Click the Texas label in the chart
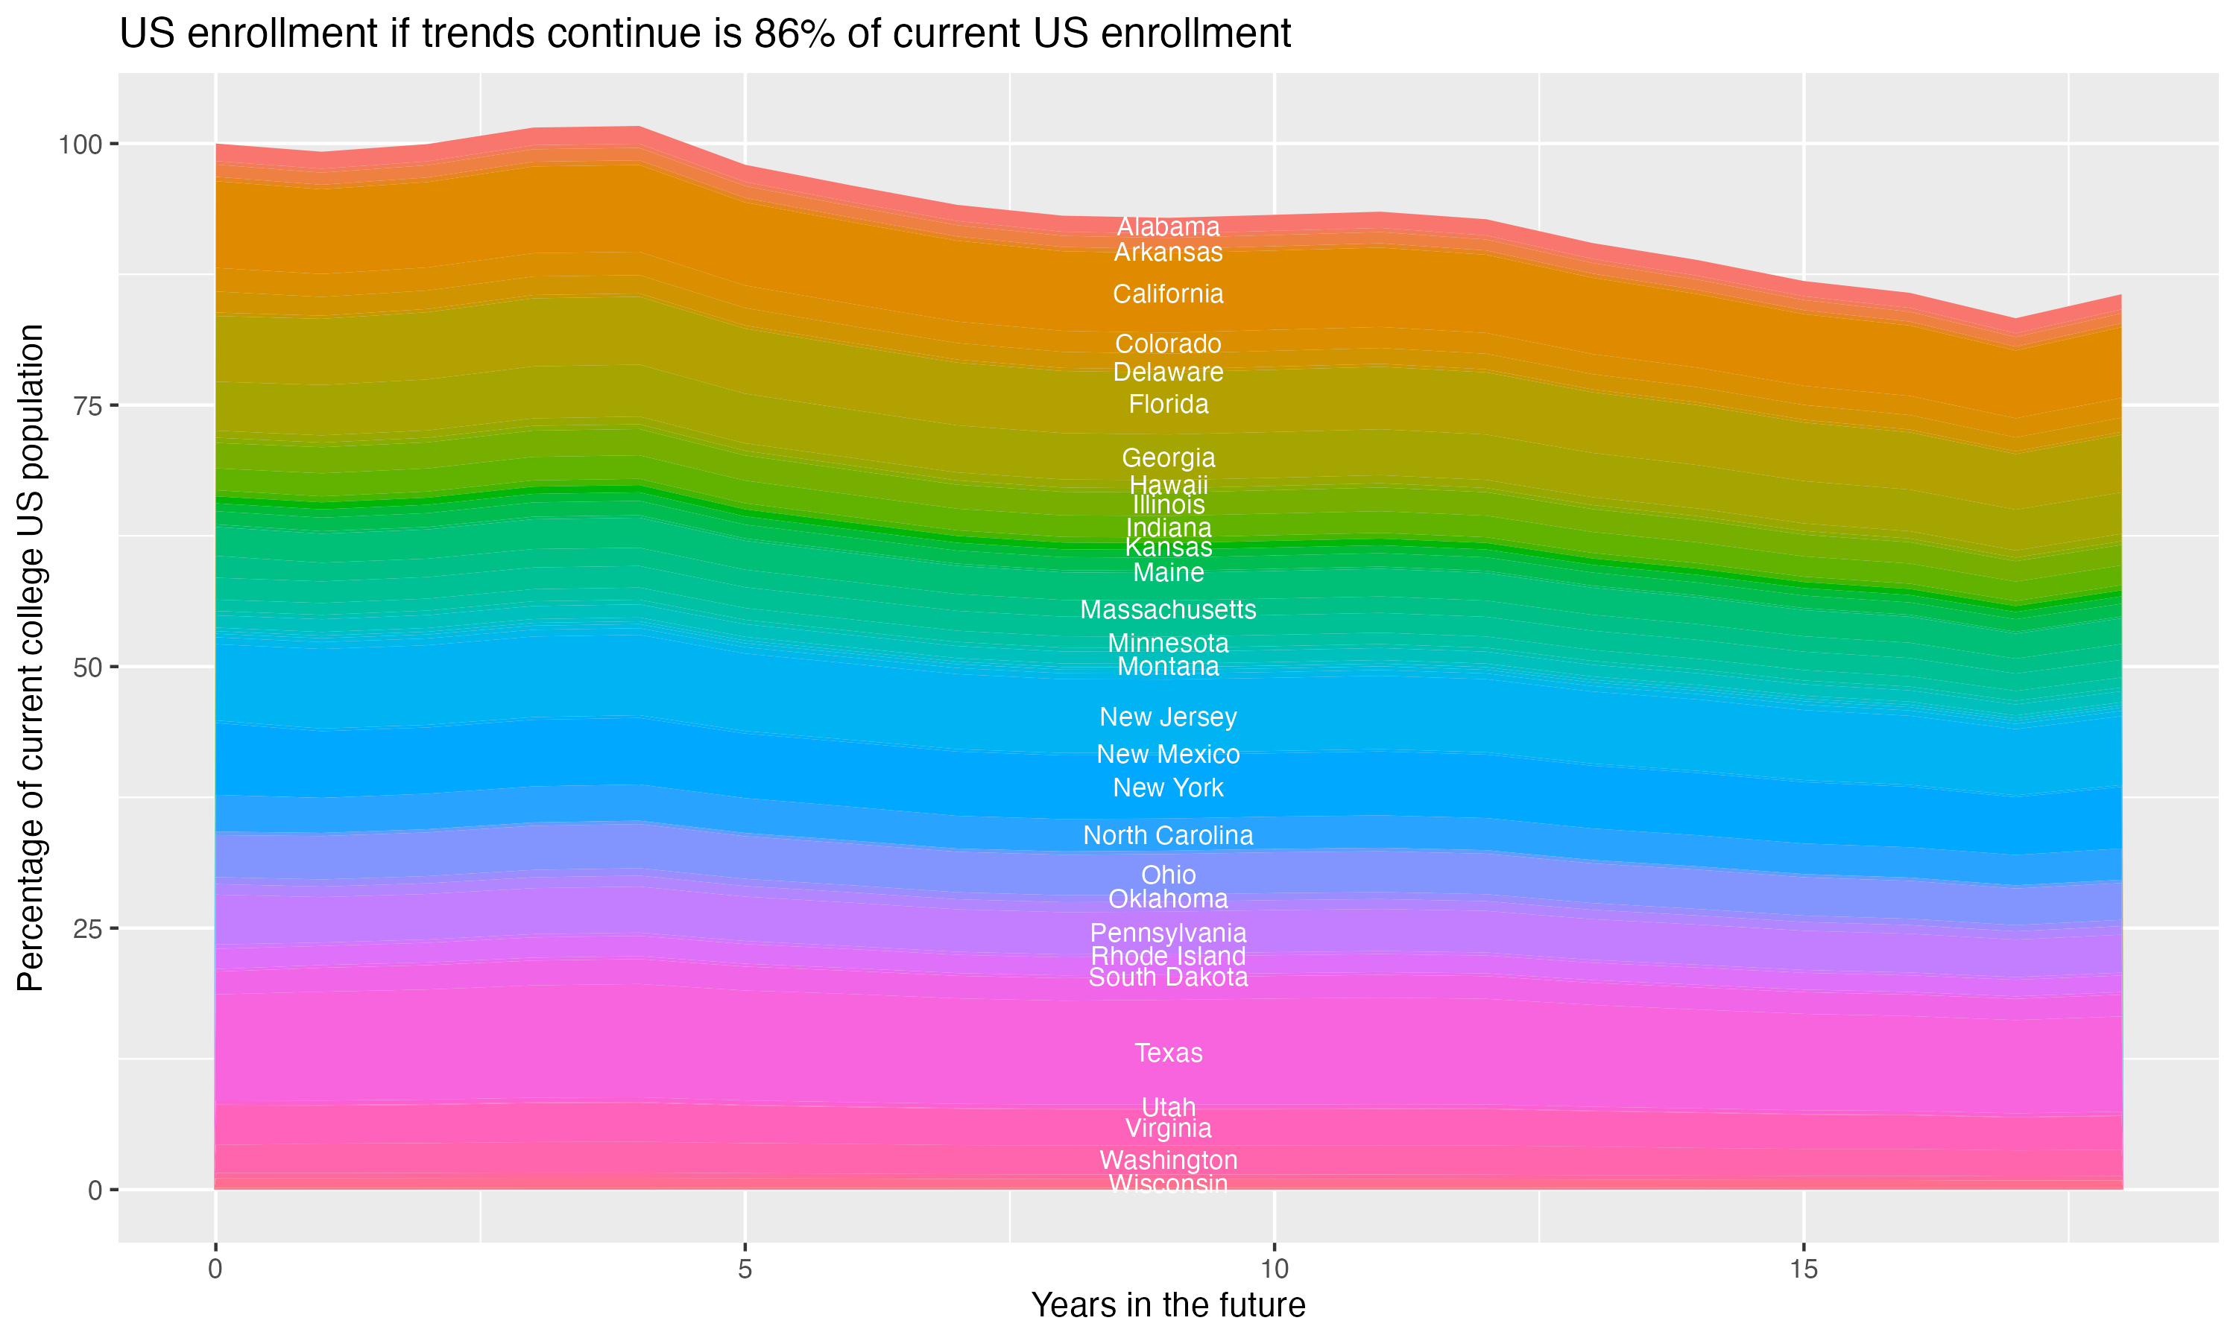pyautogui.click(x=1168, y=1053)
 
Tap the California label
pyautogui.click(x=1168, y=294)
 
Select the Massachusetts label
pyautogui.click(x=1168, y=610)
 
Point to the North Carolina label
pyautogui.click(x=1168, y=835)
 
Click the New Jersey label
pyautogui.click(x=1168, y=717)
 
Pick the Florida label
pyautogui.click(x=1168, y=404)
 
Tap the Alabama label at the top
pyautogui.click(x=1168, y=226)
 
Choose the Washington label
pyautogui.click(x=1168, y=1159)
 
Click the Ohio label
pyautogui.click(x=1168, y=875)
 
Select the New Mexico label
pyautogui.click(x=1168, y=754)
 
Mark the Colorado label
pyautogui.click(x=1168, y=343)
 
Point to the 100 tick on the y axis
pyautogui.click(x=81, y=144)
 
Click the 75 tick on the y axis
pyautogui.click(x=88, y=406)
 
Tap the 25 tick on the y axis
pyautogui.click(x=88, y=929)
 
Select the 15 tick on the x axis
pyautogui.click(x=1803, y=1269)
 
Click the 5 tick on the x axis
pyautogui.click(x=745, y=1269)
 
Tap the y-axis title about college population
pyautogui.click(x=31, y=657)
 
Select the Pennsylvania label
pyautogui.click(x=1168, y=933)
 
